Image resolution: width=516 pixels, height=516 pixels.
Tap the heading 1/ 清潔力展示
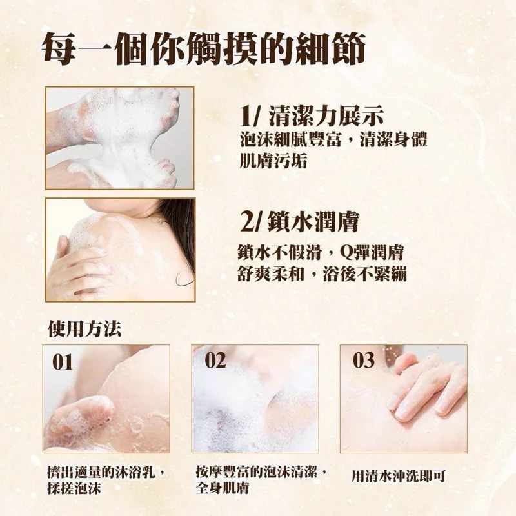pyautogui.click(x=312, y=117)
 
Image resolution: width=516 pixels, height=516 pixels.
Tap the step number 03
pyautogui.click(x=364, y=361)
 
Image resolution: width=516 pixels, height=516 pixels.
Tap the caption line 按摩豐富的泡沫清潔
pyautogui.click(x=259, y=472)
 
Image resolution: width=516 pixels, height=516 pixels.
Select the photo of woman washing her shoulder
pyautogui.click(x=119, y=249)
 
